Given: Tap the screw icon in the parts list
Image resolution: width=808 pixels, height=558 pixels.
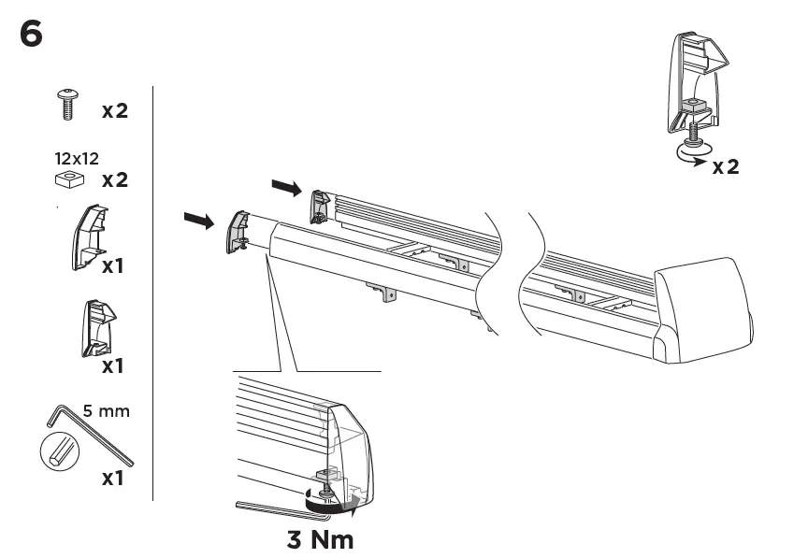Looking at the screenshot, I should [68, 104].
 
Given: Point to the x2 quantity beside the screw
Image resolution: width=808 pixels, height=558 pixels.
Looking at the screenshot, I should [114, 111].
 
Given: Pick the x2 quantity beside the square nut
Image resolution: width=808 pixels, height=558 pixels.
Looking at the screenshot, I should [114, 179].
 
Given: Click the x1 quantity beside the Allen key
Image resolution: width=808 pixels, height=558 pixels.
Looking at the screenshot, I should [112, 479].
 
